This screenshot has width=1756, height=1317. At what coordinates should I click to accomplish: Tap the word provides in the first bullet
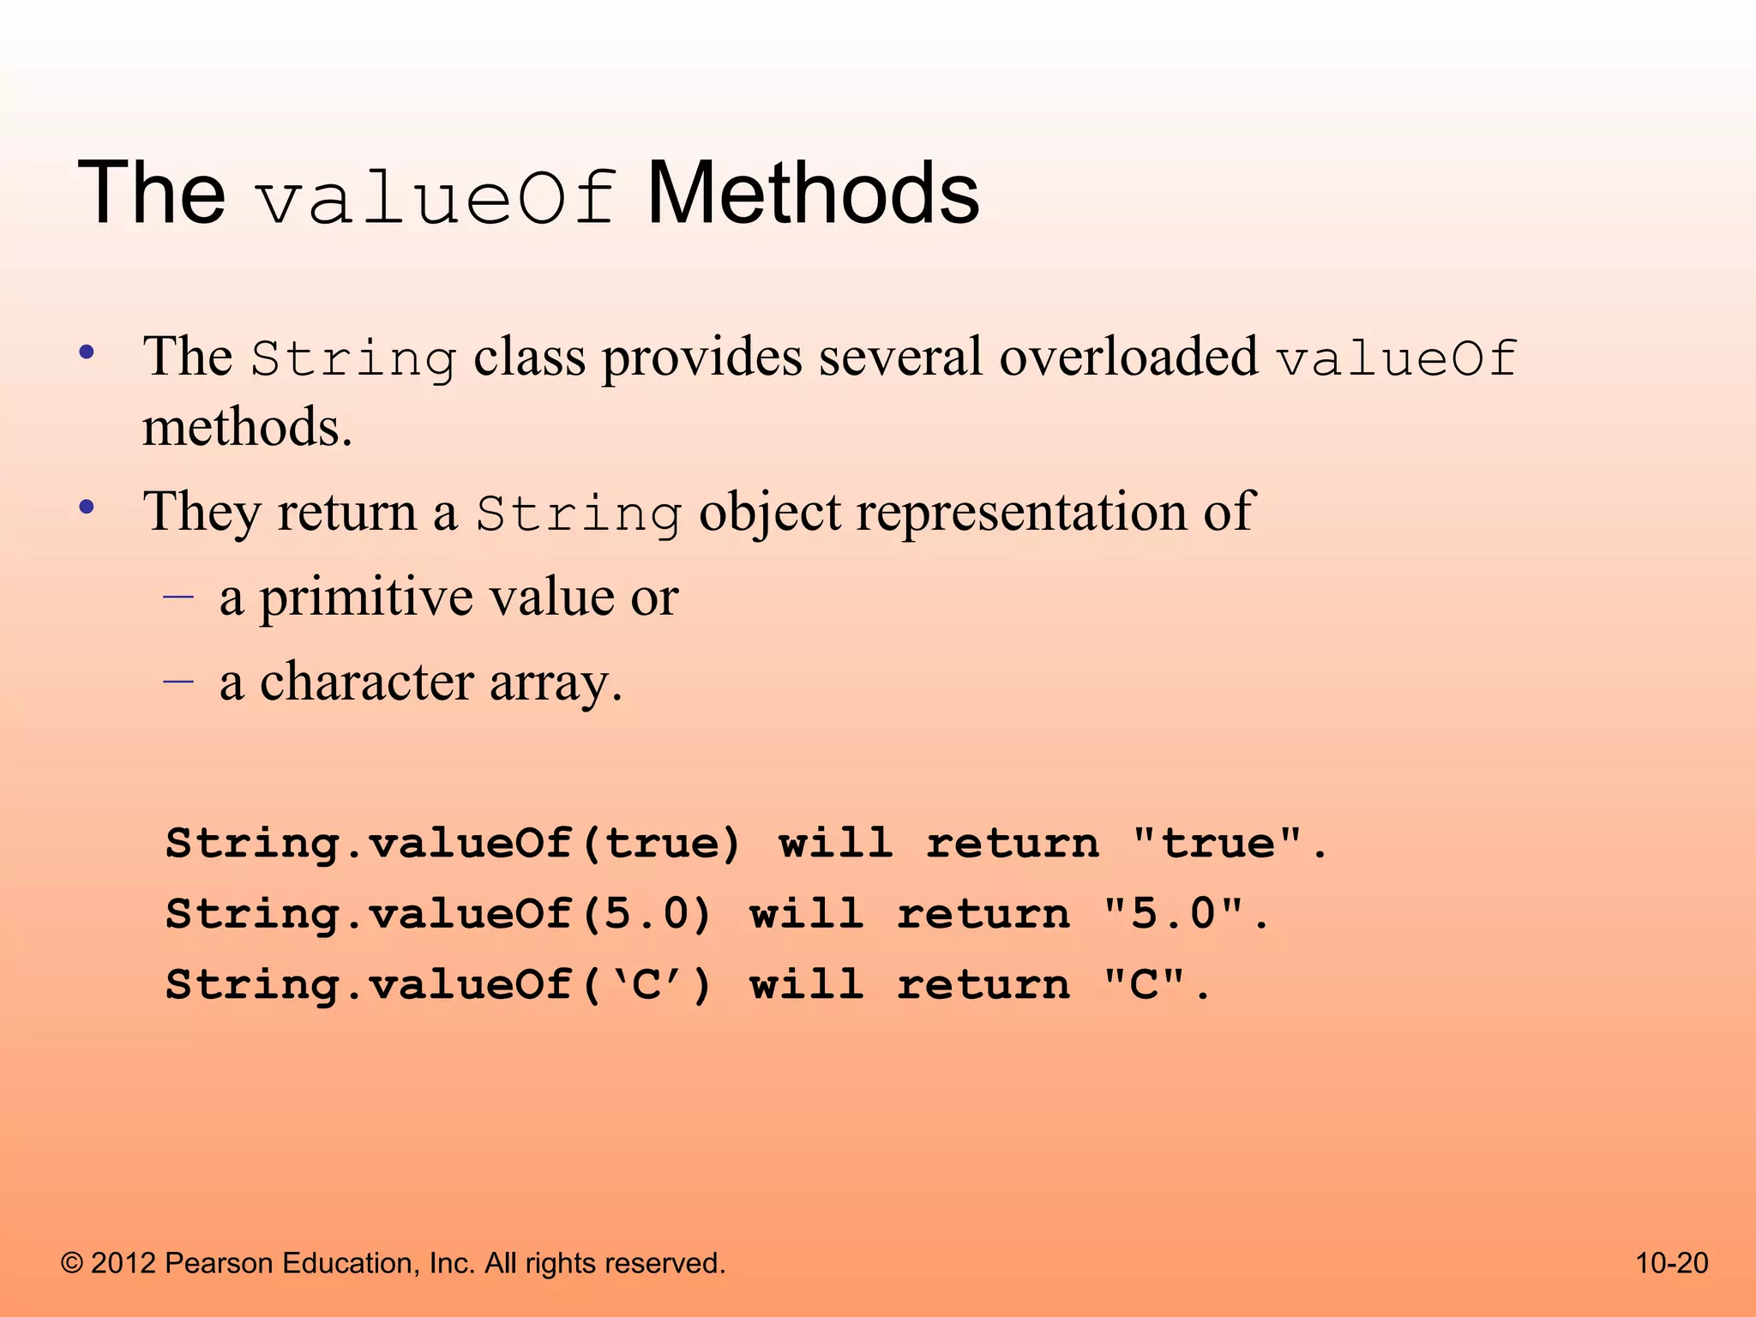point(701,358)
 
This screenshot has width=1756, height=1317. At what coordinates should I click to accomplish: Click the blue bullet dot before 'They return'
point(87,508)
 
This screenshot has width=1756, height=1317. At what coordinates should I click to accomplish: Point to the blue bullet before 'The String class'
point(87,352)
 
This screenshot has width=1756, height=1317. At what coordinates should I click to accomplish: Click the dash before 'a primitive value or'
point(178,594)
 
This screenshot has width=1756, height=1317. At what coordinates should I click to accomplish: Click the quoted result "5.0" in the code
point(1174,913)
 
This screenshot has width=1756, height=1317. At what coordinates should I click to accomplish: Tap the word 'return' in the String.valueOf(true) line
point(1012,843)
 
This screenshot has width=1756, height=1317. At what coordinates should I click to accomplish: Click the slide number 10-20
point(1671,1263)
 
